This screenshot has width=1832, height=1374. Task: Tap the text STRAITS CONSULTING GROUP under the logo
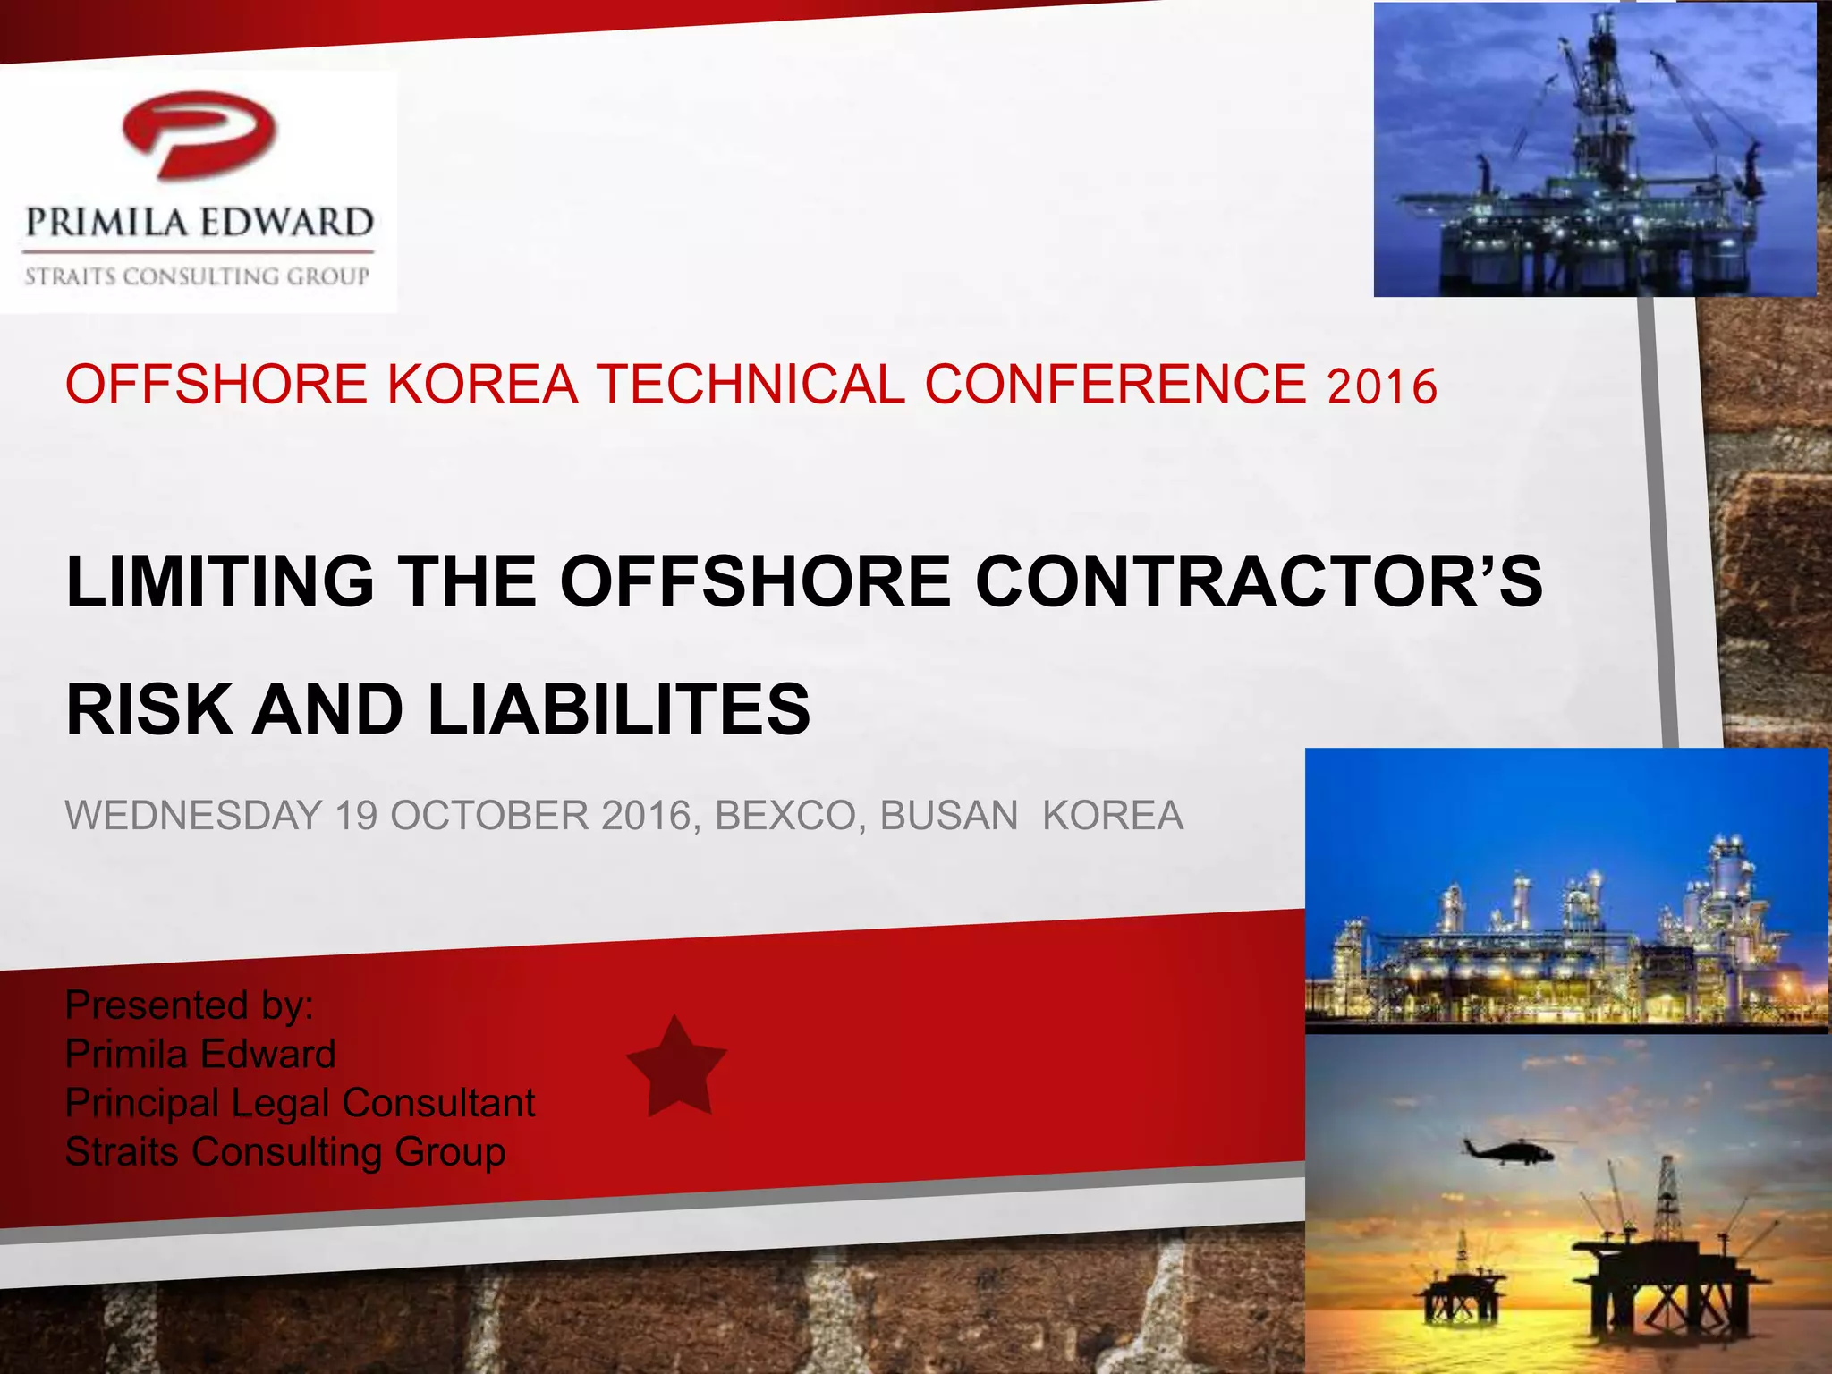point(197,276)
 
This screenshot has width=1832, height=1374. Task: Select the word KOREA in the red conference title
point(482,385)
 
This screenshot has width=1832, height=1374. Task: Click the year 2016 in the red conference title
point(1382,387)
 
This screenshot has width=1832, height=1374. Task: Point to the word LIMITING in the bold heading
point(220,581)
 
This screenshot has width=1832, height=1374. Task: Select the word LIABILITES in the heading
point(619,709)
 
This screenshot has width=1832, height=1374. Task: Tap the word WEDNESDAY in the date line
point(193,816)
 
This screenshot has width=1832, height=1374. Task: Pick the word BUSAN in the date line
point(948,816)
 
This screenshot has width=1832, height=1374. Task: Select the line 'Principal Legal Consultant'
point(300,1103)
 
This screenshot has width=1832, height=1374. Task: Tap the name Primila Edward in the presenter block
point(200,1054)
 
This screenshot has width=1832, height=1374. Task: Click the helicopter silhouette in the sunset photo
point(1509,1149)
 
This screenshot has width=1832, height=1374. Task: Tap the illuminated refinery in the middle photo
point(1565,948)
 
